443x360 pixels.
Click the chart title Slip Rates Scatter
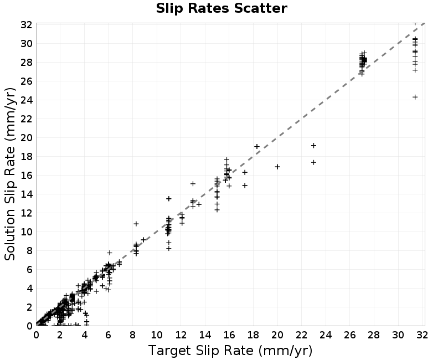(x=221, y=8)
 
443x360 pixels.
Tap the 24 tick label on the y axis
(x=26, y=100)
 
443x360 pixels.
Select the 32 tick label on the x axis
(x=422, y=335)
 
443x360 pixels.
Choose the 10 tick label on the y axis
(x=26, y=232)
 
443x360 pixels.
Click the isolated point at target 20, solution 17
(x=277, y=167)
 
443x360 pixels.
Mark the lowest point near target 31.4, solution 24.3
(x=415, y=97)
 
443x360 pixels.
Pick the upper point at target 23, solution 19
(x=313, y=146)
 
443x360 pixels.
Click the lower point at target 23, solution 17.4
(x=313, y=162)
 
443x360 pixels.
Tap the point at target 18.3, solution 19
(x=257, y=146)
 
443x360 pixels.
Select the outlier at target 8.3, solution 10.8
(x=136, y=224)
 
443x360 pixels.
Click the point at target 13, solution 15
(x=193, y=184)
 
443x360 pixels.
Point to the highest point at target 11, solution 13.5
(x=169, y=199)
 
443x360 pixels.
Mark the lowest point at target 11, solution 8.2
(x=169, y=249)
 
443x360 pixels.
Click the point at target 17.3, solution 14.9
(x=245, y=186)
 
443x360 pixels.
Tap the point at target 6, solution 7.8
(x=110, y=253)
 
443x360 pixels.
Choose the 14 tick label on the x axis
(x=205, y=335)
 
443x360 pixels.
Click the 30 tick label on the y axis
(x=26, y=44)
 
